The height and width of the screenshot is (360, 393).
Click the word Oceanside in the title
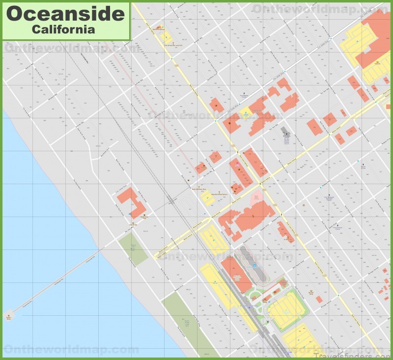[x=65, y=13]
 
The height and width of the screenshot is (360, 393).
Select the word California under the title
[x=63, y=29]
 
